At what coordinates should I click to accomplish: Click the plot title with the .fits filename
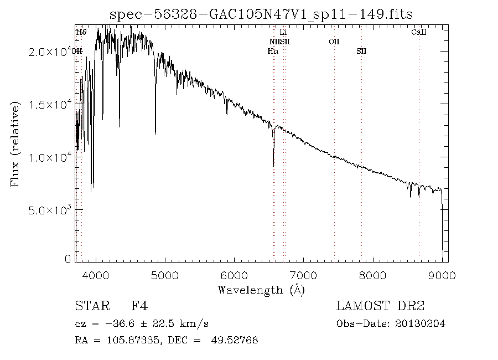coord(261,14)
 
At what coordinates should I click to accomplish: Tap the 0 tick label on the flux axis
coord(68,259)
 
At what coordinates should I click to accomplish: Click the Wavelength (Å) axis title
coord(261,290)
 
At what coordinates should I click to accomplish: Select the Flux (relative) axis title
coord(15,144)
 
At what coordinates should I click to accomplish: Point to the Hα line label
coord(272,52)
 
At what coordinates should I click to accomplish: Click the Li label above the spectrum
coord(283,33)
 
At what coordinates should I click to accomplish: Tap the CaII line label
coord(419,33)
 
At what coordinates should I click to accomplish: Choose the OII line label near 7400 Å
coord(334,42)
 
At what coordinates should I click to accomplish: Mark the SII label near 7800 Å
coord(361,52)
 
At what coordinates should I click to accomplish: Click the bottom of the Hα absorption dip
coord(273,165)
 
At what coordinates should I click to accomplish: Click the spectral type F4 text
coord(139,306)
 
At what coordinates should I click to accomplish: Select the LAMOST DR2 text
coord(380,306)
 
